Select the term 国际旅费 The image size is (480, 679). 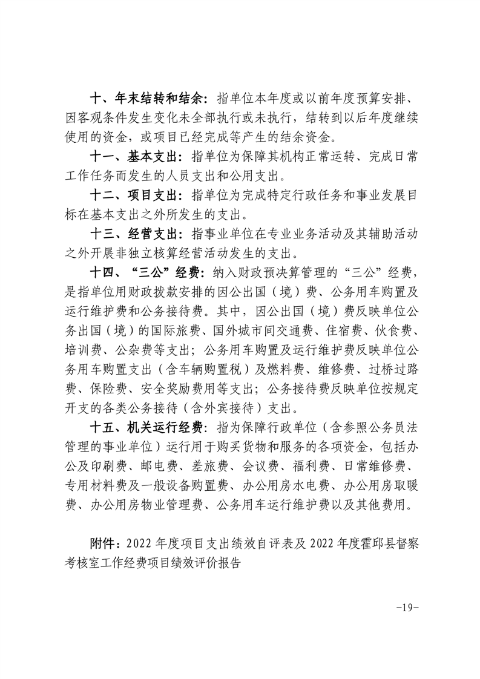point(173,332)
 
